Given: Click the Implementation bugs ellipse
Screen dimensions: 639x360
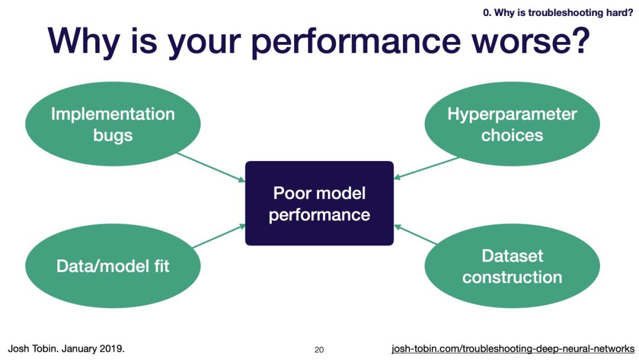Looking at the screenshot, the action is tap(113, 124).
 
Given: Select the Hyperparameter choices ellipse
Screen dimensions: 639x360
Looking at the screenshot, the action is tap(512, 124).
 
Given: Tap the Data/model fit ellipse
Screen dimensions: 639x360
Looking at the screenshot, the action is tap(113, 266).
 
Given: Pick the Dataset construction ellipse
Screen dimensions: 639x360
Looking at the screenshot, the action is tap(512, 266).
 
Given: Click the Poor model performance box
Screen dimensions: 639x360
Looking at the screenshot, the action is tap(319, 204).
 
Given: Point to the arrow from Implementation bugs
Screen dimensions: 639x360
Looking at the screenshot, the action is tap(211, 167).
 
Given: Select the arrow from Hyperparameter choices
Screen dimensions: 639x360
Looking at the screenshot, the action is tap(426, 168).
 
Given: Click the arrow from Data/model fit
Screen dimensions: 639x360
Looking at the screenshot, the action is tap(219, 236).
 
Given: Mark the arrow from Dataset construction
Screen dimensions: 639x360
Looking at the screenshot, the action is tap(416, 234).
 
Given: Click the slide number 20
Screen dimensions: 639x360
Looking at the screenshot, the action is tap(319, 350).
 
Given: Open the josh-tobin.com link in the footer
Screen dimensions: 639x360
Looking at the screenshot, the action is tap(513, 349).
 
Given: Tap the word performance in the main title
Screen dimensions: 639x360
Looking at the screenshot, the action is tap(356, 43).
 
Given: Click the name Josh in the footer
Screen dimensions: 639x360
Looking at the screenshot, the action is tap(18, 349).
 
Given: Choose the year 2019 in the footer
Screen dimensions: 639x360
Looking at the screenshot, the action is tap(112, 349).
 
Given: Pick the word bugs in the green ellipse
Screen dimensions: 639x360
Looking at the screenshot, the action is tap(113, 136).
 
